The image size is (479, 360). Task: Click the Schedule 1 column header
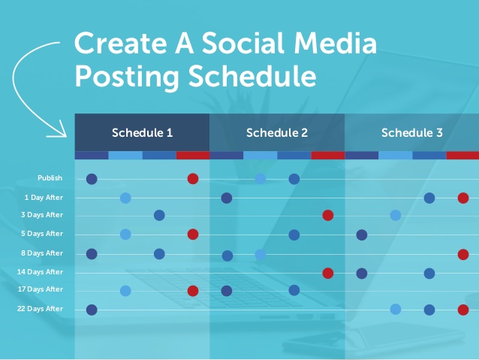tap(142, 133)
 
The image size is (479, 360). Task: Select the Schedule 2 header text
tap(277, 133)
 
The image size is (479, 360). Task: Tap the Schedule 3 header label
tap(411, 133)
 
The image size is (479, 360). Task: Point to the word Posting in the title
tap(127, 77)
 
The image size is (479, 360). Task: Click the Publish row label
tap(50, 178)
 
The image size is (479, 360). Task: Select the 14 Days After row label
tap(40, 272)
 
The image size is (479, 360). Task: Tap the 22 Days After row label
tap(40, 309)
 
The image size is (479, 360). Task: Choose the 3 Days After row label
tap(42, 215)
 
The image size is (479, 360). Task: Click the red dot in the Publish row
tap(193, 179)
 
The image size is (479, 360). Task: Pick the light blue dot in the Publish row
tap(261, 179)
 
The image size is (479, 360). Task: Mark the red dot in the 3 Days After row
tap(328, 216)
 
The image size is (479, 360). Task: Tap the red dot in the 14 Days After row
tap(328, 273)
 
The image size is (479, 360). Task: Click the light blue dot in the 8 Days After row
tap(261, 254)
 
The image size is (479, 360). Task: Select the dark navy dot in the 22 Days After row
tap(92, 310)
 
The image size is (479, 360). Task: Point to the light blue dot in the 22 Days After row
tap(396, 309)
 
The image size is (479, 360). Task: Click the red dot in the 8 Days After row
tap(463, 254)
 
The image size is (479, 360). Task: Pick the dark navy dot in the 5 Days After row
tap(362, 235)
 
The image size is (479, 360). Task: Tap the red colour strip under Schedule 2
tap(328, 156)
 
